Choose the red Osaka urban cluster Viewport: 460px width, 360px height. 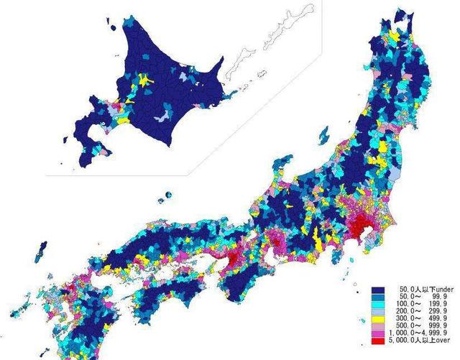pyautogui.click(x=235, y=257)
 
